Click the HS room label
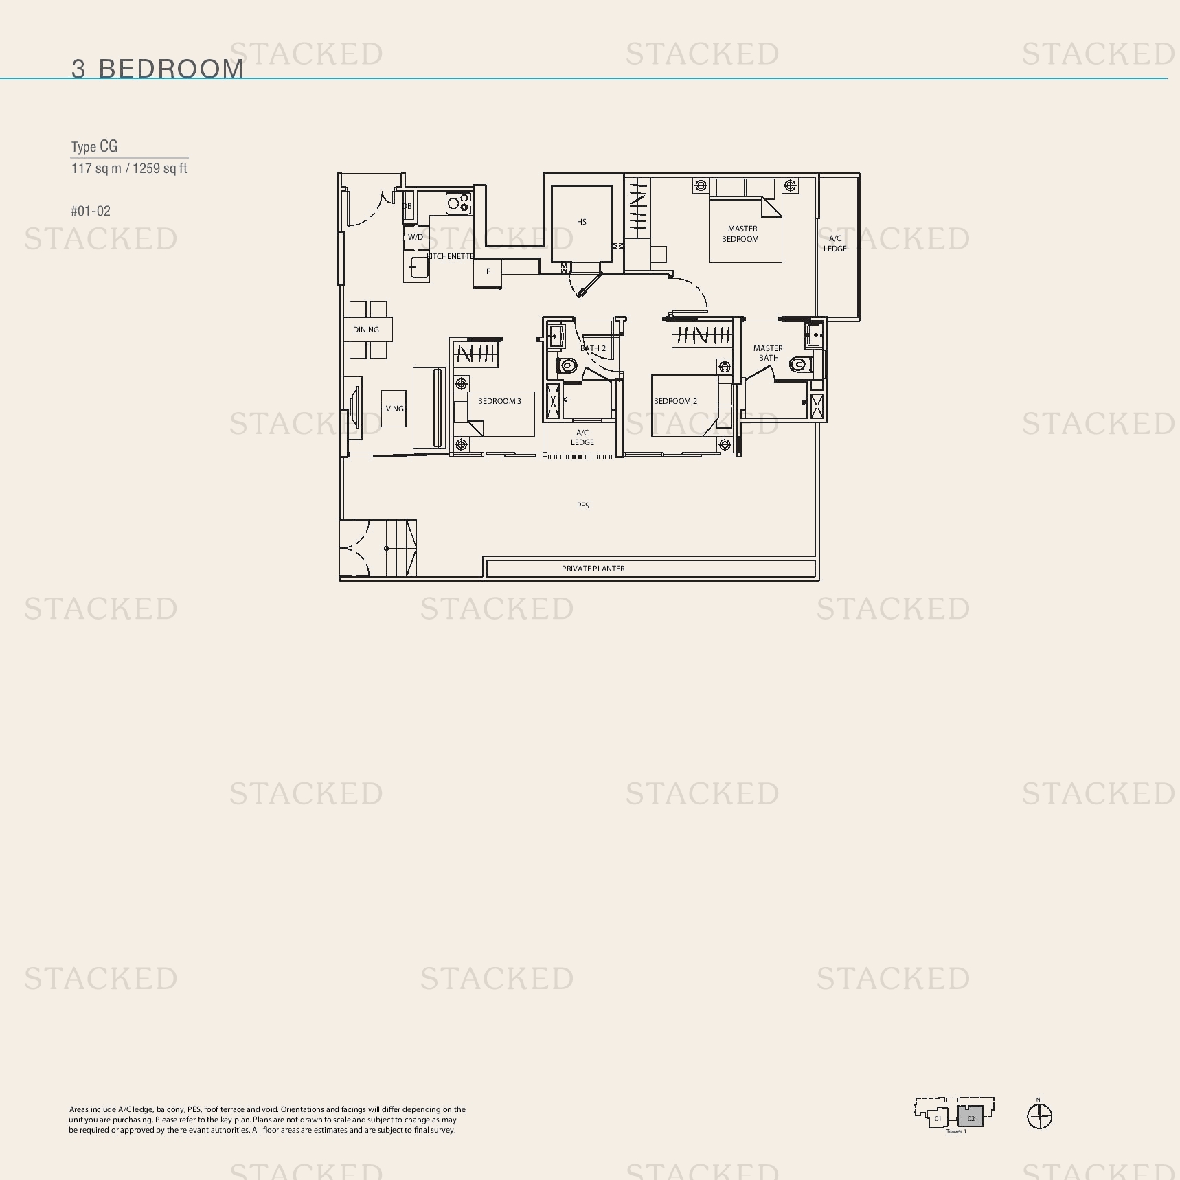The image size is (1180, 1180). (x=582, y=222)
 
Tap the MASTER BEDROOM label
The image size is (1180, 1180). (x=741, y=234)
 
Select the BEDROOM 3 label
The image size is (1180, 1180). (x=499, y=401)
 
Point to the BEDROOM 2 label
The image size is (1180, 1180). (x=675, y=401)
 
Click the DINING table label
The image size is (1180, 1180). (x=366, y=330)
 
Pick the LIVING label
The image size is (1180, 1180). (x=392, y=409)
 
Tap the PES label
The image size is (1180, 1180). (x=583, y=506)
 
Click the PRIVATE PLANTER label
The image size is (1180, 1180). (x=593, y=569)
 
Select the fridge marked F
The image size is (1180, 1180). (x=488, y=273)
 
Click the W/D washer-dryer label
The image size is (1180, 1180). (x=416, y=237)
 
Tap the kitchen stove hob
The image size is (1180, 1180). (x=457, y=203)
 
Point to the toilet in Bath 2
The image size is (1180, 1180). (x=567, y=365)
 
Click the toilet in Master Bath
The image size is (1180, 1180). (x=799, y=364)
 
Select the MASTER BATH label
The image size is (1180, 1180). (x=769, y=353)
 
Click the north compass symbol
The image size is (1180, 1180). (x=1039, y=1116)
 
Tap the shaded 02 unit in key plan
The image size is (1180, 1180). (x=971, y=1116)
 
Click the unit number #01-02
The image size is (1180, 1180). (x=91, y=211)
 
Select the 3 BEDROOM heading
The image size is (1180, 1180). (x=158, y=69)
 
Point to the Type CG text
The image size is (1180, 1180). (x=95, y=146)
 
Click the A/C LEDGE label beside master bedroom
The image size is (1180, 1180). (x=835, y=244)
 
